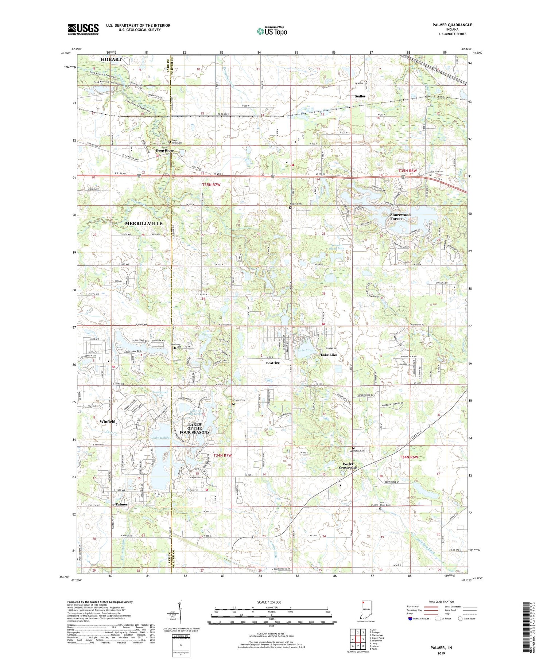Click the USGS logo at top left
tap(83, 29)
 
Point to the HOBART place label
tap(111, 59)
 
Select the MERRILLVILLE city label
tap(143, 223)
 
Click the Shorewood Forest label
tap(400, 217)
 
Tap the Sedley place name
tap(360, 96)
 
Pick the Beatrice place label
tap(272, 363)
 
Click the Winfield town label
tap(107, 421)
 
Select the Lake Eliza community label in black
tap(329, 354)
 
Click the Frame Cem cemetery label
tap(239, 400)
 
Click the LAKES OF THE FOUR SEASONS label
tap(194, 428)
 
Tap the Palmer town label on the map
tap(121, 504)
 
